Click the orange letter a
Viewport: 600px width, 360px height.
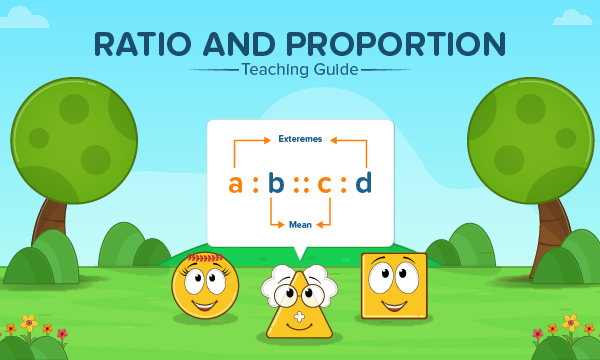[x=236, y=183]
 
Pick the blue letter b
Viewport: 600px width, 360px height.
[x=276, y=183]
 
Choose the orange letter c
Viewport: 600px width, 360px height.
[x=324, y=184]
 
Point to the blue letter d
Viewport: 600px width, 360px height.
[x=364, y=182]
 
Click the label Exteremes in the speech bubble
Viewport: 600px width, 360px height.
[x=300, y=140]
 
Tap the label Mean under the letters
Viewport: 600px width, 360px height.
[x=300, y=225]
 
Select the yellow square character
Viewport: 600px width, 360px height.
[x=393, y=285]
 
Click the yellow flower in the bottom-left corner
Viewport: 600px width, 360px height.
[x=29, y=323]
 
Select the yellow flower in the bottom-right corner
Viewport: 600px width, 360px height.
[x=570, y=323]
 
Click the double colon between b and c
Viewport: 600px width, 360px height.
[x=300, y=184]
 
